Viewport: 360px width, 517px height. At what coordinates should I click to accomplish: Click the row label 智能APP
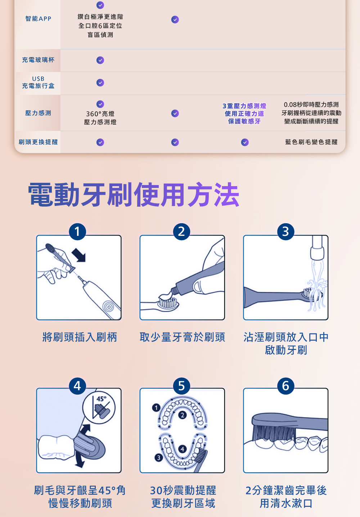(x=38, y=19)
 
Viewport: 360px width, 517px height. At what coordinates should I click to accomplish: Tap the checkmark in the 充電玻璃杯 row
(x=100, y=60)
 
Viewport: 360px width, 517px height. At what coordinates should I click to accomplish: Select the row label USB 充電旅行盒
(x=38, y=82)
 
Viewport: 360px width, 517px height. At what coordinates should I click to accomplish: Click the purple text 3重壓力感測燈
(x=244, y=106)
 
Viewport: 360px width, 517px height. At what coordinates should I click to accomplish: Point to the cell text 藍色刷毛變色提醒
(x=311, y=142)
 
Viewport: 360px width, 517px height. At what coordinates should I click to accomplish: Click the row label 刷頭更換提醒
(x=38, y=142)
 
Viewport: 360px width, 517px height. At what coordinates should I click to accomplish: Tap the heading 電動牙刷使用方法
(x=134, y=194)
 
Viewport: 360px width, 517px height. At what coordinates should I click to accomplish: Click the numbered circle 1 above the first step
(x=77, y=231)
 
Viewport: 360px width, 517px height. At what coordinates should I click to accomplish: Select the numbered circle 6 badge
(x=286, y=386)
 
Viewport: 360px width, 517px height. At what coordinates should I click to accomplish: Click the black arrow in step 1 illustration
(x=79, y=255)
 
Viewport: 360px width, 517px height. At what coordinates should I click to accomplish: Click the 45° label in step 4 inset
(x=101, y=399)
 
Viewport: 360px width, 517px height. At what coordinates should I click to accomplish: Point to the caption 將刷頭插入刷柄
(x=80, y=337)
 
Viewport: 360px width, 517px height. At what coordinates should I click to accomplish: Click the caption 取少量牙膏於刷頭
(x=182, y=337)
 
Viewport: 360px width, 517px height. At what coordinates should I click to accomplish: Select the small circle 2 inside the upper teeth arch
(x=182, y=415)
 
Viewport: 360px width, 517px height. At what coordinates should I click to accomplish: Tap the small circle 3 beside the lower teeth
(x=158, y=458)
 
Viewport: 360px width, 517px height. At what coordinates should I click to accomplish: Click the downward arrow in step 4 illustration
(x=80, y=460)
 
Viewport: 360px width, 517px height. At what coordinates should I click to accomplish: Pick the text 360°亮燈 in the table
(x=100, y=114)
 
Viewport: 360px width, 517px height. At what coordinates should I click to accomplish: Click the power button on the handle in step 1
(x=108, y=307)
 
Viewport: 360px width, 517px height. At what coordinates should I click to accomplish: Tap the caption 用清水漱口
(x=286, y=503)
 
